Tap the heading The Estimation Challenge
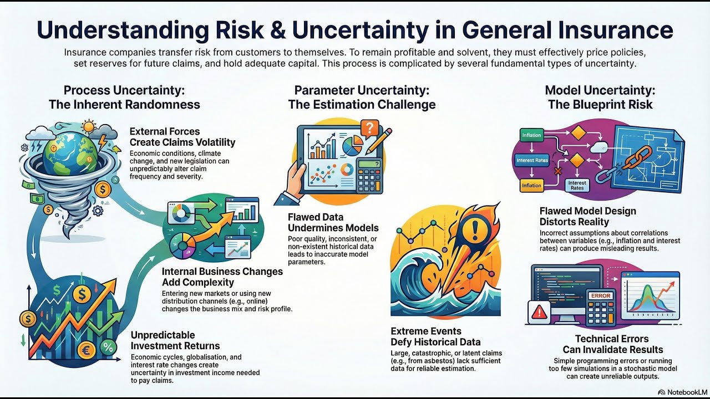(x=362, y=105)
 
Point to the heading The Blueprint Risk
(x=600, y=105)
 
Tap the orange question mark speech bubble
(x=369, y=129)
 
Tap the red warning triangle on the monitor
(x=539, y=314)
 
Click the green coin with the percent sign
(x=109, y=347)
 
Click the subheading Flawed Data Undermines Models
(x=333, y=222)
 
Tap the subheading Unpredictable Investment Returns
(x=175, y=340)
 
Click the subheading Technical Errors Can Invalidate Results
(x=612, y=344)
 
